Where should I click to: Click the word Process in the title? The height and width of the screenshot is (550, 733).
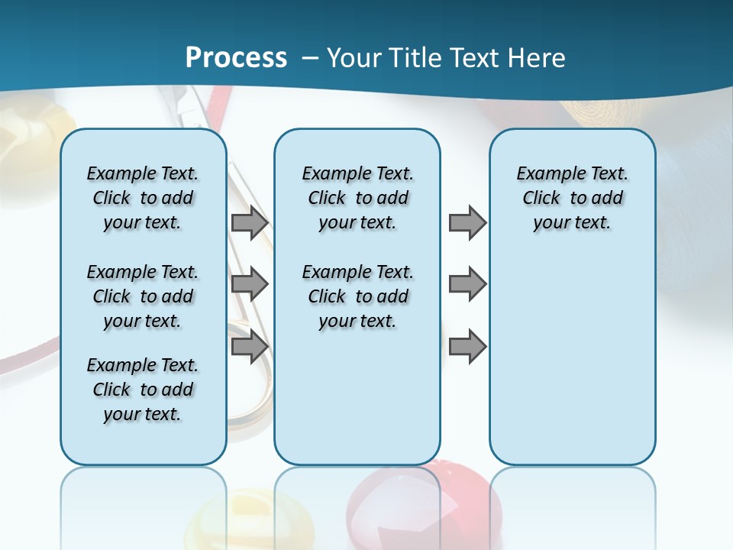236,57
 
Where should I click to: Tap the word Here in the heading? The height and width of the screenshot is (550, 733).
538,57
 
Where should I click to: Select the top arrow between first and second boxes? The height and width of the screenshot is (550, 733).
250,223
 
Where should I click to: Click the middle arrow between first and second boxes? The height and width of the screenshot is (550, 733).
250,284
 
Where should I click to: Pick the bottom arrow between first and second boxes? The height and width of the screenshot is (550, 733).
250,346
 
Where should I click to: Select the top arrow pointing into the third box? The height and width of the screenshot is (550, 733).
467,223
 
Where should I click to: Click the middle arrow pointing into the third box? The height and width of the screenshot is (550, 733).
467,284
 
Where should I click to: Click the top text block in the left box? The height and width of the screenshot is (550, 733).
143,198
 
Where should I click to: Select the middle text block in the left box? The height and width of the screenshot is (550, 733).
143,296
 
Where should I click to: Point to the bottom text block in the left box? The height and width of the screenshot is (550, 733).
143,390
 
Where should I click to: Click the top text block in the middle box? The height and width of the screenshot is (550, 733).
357,198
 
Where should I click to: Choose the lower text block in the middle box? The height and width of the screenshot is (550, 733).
357,296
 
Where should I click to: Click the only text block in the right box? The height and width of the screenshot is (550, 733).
573,198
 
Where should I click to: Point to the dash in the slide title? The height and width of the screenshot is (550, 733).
310,57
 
